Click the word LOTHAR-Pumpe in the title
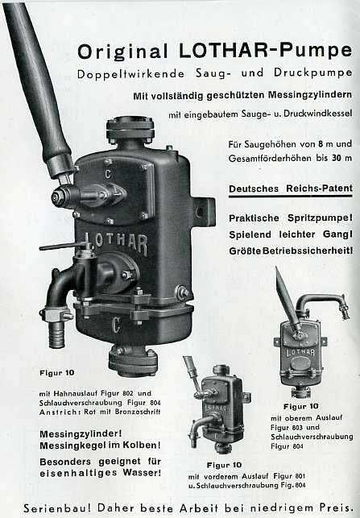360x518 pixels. (266, 50)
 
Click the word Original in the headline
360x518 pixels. (123, 52)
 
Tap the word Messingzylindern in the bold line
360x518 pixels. (310, 96)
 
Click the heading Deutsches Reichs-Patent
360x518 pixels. (291, 189)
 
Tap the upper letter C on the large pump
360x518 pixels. (109, 173)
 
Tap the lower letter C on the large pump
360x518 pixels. (116, 325)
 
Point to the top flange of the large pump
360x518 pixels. (130, 129)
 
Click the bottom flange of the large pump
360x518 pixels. (133, 361)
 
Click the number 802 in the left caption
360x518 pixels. (128, 393)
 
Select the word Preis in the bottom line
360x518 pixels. (334, 507)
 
